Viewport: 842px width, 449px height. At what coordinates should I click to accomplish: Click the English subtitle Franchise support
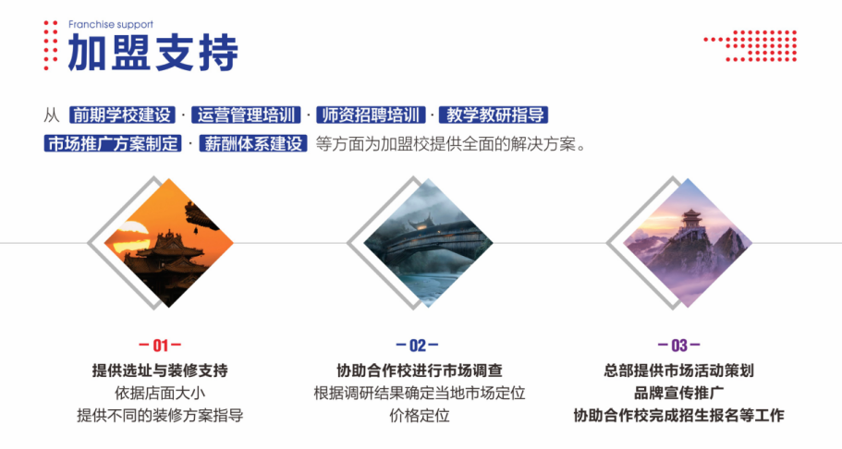tap(111, 24)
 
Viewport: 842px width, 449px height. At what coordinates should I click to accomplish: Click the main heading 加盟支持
tap(153, 53)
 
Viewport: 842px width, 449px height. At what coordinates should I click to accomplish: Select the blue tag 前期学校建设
tap(122, 115)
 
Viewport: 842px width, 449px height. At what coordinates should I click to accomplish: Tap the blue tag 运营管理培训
tap(247, 115)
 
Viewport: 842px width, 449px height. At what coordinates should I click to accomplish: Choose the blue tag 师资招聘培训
tap(371, 115)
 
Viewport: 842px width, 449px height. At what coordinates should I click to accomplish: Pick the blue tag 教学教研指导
tap(494, 115)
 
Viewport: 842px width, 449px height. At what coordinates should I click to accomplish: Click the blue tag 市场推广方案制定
tap(113, 143)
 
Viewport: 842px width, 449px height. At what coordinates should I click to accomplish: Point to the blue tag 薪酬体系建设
tap(253, 143)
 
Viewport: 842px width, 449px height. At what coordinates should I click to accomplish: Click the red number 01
tap(160, 346)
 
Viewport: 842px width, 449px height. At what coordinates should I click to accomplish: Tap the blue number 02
tap(417, 346)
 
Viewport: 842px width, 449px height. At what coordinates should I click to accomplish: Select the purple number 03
tap(679, 346)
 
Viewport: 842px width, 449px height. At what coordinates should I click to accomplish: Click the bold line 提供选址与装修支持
tap(160, 370)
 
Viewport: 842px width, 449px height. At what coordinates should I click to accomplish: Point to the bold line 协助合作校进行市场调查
tap(420, 370)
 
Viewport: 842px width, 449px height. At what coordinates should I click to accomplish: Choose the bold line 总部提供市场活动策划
tap(678, 370)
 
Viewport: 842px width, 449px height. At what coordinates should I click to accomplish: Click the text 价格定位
tap(420, 416)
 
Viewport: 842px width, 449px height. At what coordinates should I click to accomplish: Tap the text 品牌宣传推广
tap(678, 394)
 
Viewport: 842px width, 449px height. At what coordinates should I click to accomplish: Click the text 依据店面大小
tap(160, 394)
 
